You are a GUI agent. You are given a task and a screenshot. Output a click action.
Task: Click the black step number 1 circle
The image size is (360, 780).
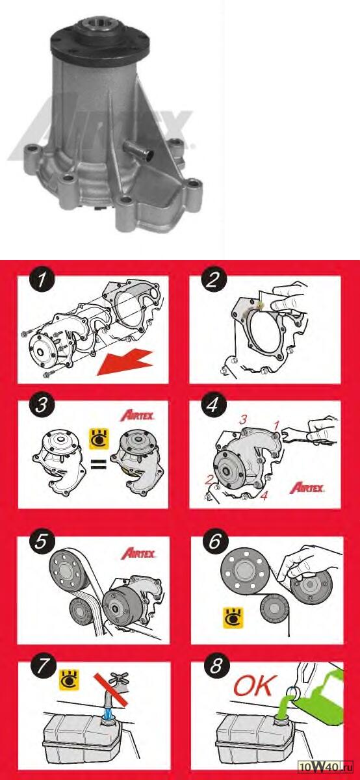point(42,280)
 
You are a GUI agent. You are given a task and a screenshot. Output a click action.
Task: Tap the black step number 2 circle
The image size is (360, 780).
point(213,279)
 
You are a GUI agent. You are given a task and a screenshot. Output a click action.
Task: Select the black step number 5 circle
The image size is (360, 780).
point(41,542)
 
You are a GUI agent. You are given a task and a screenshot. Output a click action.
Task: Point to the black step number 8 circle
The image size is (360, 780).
point(215,666)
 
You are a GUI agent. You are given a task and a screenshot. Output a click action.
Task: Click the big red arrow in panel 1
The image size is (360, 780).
point(126,363)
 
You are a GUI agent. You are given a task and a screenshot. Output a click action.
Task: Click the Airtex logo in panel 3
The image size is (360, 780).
point(138,415)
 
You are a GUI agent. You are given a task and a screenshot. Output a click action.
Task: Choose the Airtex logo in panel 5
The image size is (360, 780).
point(138,553)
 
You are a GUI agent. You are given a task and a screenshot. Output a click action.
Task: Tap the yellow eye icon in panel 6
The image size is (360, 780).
point(233,618)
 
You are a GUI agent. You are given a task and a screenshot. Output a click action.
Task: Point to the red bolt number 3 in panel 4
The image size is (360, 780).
point(243,420)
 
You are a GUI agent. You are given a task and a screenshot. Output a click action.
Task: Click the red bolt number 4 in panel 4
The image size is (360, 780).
point(264,495)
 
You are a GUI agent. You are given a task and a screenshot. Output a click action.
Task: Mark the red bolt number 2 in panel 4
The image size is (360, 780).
point(209,480)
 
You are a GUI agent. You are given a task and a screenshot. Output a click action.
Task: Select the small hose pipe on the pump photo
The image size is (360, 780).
point(138,150)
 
